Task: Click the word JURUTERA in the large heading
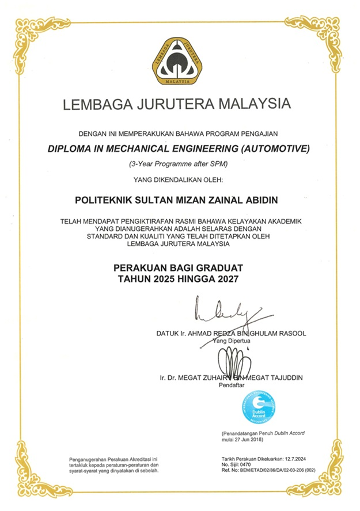point(177,105)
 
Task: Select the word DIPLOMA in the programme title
point(73,148)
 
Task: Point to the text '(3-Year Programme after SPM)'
point(179,164)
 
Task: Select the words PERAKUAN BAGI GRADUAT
point(179,268)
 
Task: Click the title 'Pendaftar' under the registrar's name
point(233,386)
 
